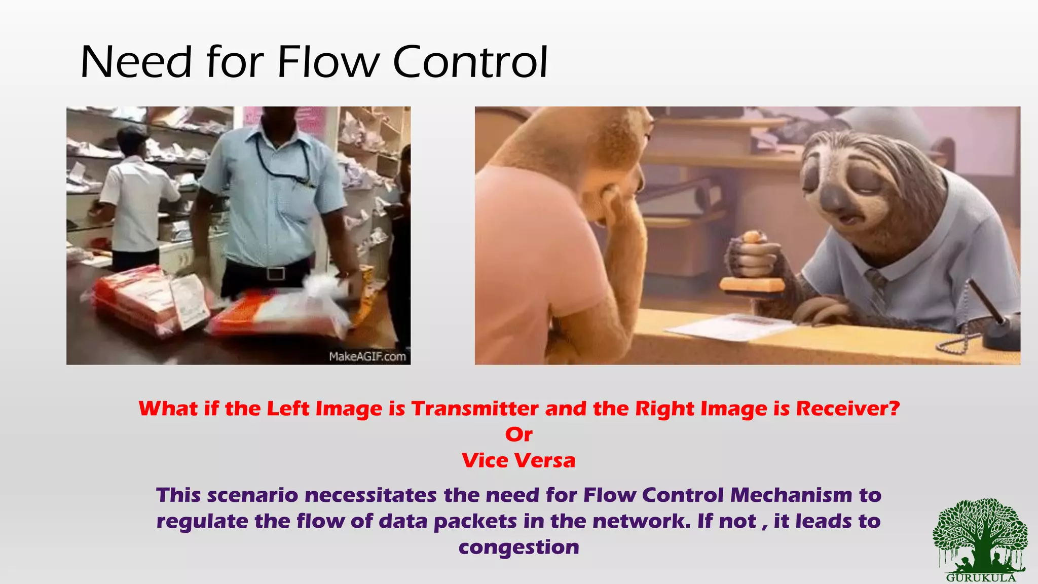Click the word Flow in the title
pos(328,62)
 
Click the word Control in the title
pos(470,62)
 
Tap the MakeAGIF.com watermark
pos(367,356)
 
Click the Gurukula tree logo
pos(980,538)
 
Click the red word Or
pos(518,434)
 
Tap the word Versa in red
pos(545,460)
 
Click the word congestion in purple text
pos(518,547)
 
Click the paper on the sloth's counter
pos(730,325)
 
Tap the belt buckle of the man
pos(275,274)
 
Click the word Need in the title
pos(136,62)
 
